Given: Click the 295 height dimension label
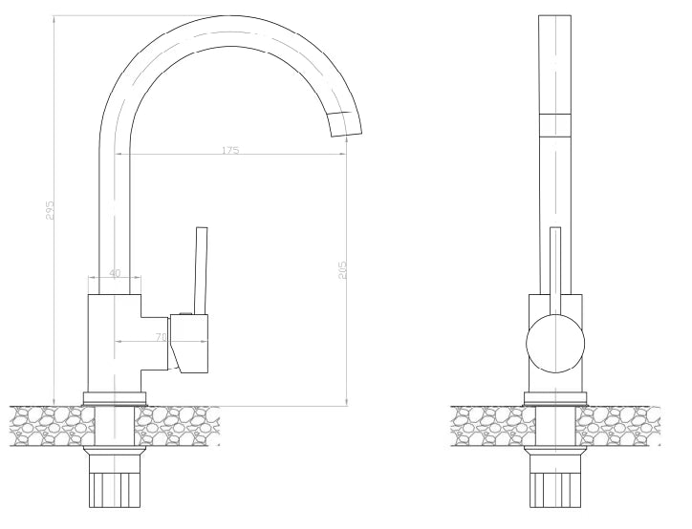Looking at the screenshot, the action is click(x=50, y=210).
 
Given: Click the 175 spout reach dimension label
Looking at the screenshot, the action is click(x=230, y=150).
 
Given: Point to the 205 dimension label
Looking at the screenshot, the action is click(x=343, y=270).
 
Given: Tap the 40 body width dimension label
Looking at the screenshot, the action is click(x=115, y=273).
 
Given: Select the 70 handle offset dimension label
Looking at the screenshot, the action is click(x=162, y=337).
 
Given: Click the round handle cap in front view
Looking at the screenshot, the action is click(x=555, y=344).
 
